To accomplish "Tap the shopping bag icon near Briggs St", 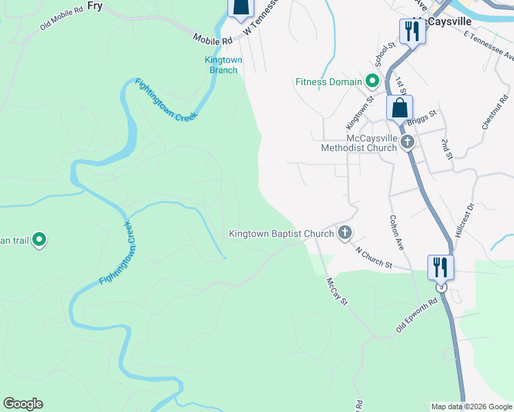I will coord(399,108).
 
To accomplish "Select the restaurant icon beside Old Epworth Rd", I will coord(440,267).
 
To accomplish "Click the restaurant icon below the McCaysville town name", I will coord(412,32).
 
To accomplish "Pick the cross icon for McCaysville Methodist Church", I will coord(407,143).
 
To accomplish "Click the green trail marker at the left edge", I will coord(40,240).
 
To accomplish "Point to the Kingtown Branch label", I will coord(223,65).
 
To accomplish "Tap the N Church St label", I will coord(374,255).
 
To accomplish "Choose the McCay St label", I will coord(337,290).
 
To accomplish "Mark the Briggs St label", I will coord(422,118).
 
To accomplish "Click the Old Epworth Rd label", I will coord(417,316).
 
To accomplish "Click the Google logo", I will coord(23,404).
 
